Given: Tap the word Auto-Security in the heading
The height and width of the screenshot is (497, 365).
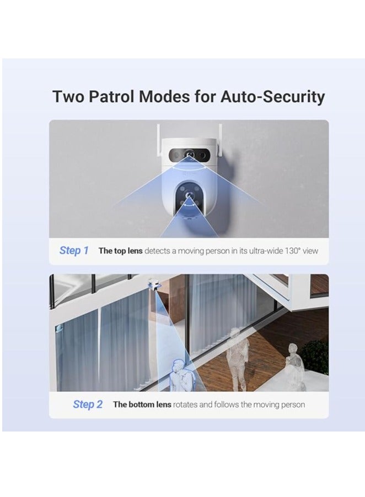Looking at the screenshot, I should (272, 97).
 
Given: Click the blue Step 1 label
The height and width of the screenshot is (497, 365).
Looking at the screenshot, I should (74, 250).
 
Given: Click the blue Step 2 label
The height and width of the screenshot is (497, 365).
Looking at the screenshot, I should (88, 405).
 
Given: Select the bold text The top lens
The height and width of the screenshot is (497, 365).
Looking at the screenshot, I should (120, 251).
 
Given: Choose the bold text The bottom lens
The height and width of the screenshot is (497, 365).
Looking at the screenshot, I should (142, 405).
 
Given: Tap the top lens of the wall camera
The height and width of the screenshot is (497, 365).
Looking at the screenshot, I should (189, 156).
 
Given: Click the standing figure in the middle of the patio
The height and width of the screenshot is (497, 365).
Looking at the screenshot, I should (237, 352).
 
